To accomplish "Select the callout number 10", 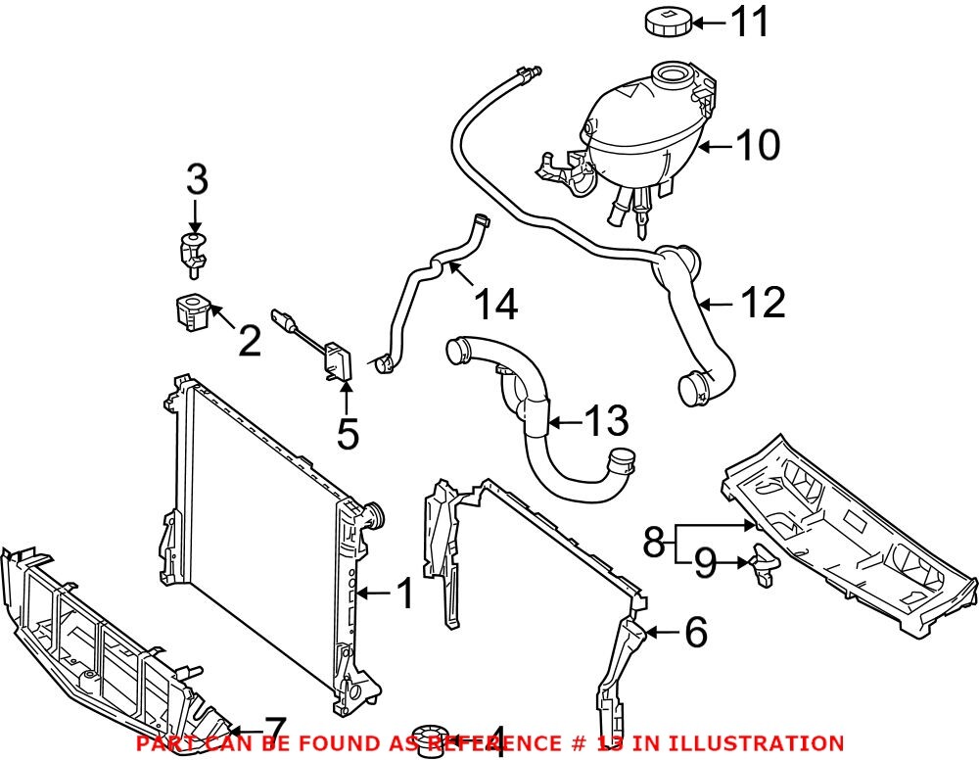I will pos(758,146).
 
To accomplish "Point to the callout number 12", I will pos(763,304).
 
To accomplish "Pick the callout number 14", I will pos(494,305).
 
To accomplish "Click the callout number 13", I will pos(604,422).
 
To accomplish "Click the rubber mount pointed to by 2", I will pos(190,311).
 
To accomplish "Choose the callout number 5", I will pos(347,432).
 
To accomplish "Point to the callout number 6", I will pos(694,633).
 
